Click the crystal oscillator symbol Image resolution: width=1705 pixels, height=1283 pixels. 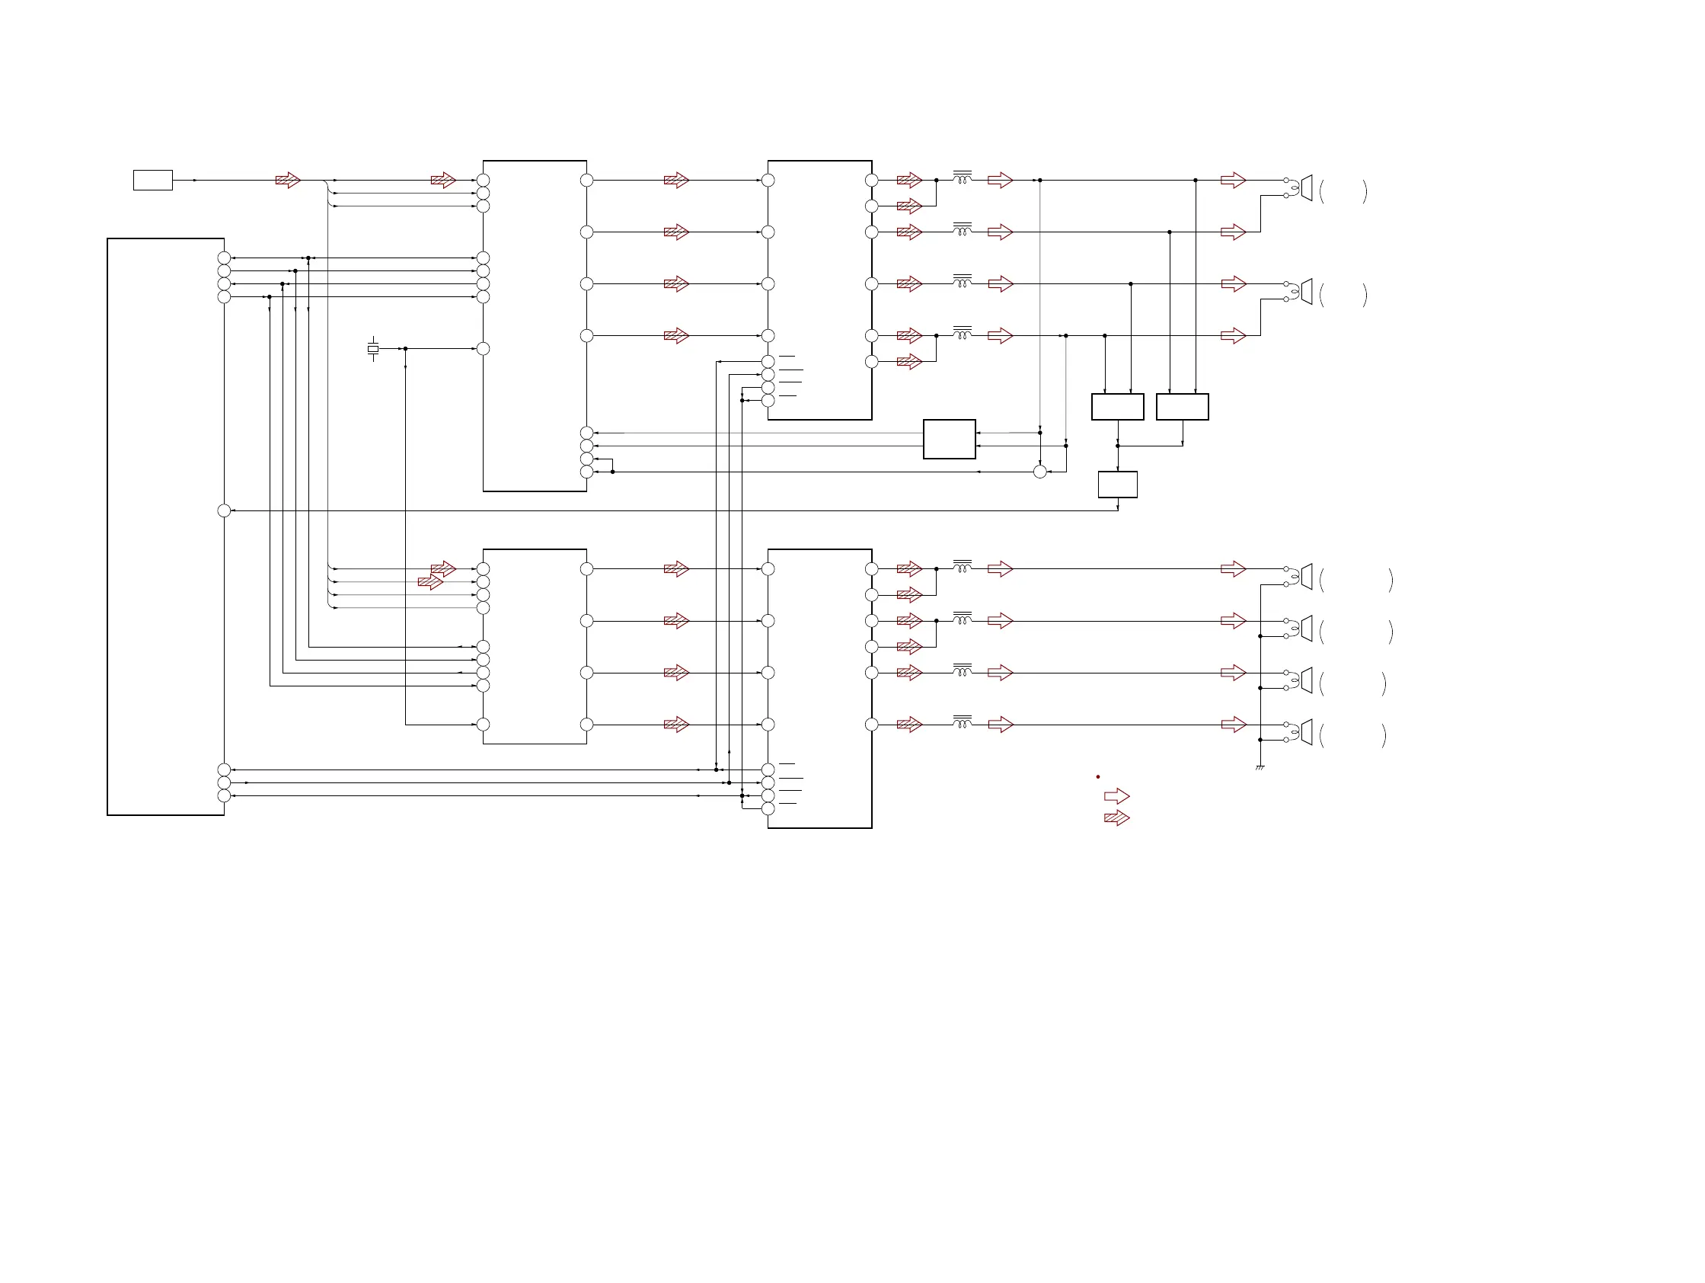coord(373,349)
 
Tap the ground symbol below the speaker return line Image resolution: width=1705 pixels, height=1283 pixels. coord(1260,767)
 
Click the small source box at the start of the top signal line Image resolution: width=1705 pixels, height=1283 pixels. coord(152,180)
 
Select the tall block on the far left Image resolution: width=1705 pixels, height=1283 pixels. coord(165,526)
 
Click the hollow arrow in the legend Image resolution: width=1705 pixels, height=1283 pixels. coord(1116,795)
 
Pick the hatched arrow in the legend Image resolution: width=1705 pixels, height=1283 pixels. coord(1116,817)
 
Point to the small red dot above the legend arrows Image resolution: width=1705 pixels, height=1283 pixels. coord(1097,776)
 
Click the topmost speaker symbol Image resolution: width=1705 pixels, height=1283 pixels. coord(1305,187)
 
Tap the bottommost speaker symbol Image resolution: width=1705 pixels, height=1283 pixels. coord(1305,731)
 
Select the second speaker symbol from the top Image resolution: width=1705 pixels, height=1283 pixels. coord(1305,292)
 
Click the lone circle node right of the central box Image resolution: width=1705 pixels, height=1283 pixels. coord(1039,471)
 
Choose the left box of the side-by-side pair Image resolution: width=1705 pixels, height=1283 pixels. coord(1117,406)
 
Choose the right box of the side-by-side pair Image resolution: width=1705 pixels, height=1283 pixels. coord(1182,406)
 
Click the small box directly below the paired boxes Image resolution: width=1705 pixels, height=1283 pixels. coord(1117,485)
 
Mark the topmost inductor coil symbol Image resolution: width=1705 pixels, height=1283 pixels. coord(962,178)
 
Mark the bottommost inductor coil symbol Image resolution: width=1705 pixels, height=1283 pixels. coord(962,721)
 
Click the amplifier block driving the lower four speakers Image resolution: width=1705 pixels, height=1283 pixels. coord(819,688)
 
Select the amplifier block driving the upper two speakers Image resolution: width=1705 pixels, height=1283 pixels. coord(819,290)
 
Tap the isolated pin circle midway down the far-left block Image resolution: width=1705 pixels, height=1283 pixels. coord(225,510)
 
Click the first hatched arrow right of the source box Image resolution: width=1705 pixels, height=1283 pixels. coord(288,181)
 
